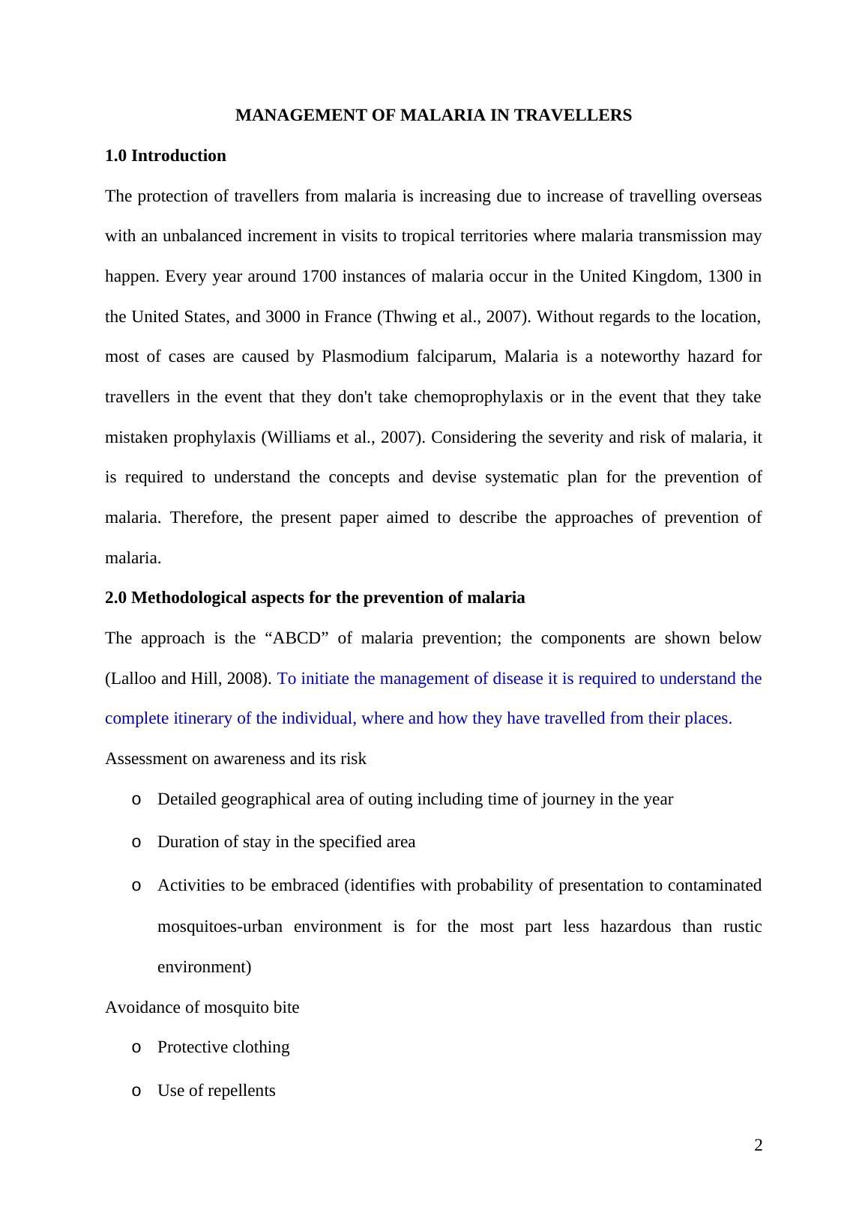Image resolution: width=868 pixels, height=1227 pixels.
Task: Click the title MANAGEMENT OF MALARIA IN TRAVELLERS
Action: (x=433, y=115)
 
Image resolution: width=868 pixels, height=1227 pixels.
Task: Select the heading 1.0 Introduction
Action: (x=165, y=156)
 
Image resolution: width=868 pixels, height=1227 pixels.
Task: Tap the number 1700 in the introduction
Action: (x=318, y=276)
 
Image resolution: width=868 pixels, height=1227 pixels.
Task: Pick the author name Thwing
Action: (x=406, y=317)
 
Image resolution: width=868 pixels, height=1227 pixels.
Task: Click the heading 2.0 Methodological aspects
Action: (x=315, y=598)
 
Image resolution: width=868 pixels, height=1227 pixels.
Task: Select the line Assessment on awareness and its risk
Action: (x=235, y=759)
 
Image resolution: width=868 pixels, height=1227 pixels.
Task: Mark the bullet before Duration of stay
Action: (x=136, y=842)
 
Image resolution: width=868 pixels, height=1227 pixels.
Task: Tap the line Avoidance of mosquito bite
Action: (x=202, y=1008)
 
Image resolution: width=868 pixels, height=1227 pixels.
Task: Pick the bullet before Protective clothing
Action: (x=136, y=1047)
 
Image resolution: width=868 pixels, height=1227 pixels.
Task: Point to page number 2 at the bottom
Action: (x=758, y=1145)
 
